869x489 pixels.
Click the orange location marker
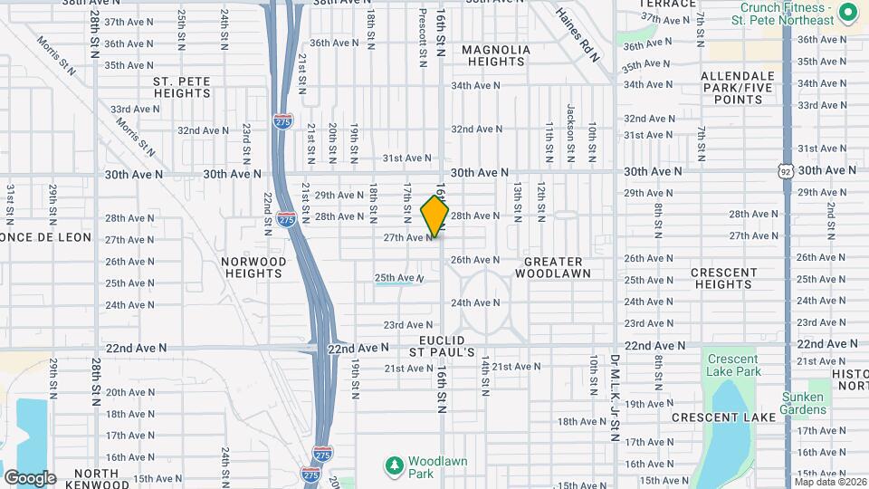click(x=434, y=216)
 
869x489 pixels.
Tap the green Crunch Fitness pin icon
click(x=847, y=13)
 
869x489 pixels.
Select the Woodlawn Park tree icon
click(x=393, y=465)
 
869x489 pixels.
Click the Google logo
click(x=29, y=478)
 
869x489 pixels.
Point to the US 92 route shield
click(x=786, y=169)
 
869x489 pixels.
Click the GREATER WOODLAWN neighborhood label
click(x=552, y=267)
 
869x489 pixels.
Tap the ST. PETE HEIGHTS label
click(x=182, y=87)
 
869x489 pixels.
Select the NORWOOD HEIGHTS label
click(x=254, y=267)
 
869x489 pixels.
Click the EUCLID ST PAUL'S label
click(x=442, y=345)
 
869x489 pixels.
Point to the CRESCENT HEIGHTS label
click(x=723, y=278)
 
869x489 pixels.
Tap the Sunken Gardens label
click(x=805, y=403)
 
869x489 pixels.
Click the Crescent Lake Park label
click(x=733, y=365)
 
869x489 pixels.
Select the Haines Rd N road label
click(x=578, y=35)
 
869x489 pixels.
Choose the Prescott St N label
click(x=422, y=40)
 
